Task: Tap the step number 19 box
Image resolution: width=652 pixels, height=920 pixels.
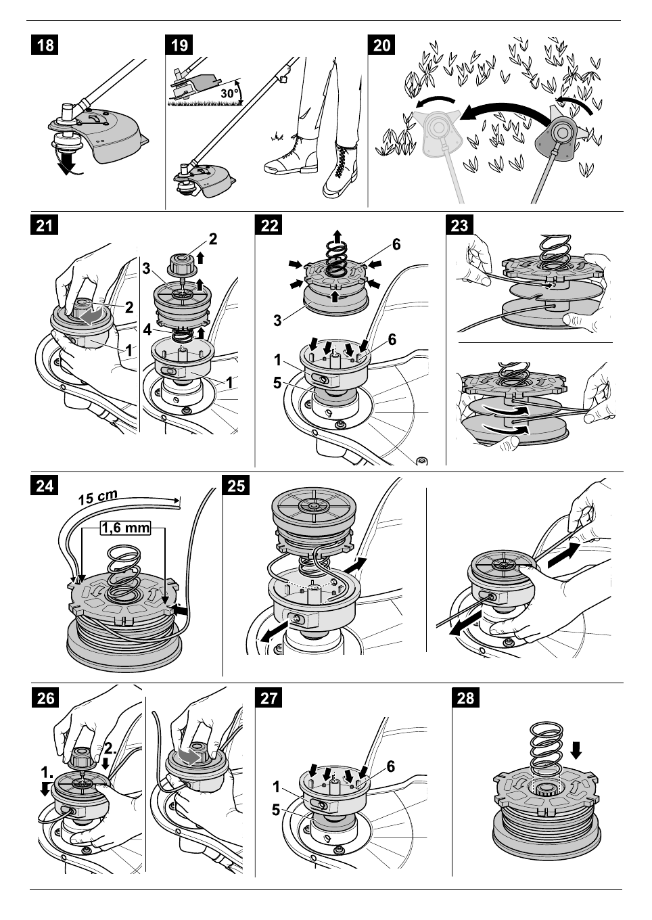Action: coord(180,45)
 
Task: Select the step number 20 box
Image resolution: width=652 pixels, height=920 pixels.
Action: coord(382,45)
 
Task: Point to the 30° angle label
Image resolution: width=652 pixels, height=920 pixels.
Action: coord(231,93)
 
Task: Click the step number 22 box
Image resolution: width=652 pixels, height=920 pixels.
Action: coord(270,225)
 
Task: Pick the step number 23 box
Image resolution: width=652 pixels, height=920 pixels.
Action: coord(460,225)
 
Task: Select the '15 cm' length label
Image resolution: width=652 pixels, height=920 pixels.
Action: coord(99,498)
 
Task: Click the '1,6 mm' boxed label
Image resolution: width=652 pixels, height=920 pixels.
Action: coord(125,528)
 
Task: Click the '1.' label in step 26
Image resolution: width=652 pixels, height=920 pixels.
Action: coord(46,772)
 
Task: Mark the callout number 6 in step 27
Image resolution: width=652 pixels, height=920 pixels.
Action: coord(390,766)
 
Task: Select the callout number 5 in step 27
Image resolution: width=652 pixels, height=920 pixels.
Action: coord(277,808)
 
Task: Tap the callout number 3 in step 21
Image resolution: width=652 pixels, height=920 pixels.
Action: coord(146,269)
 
